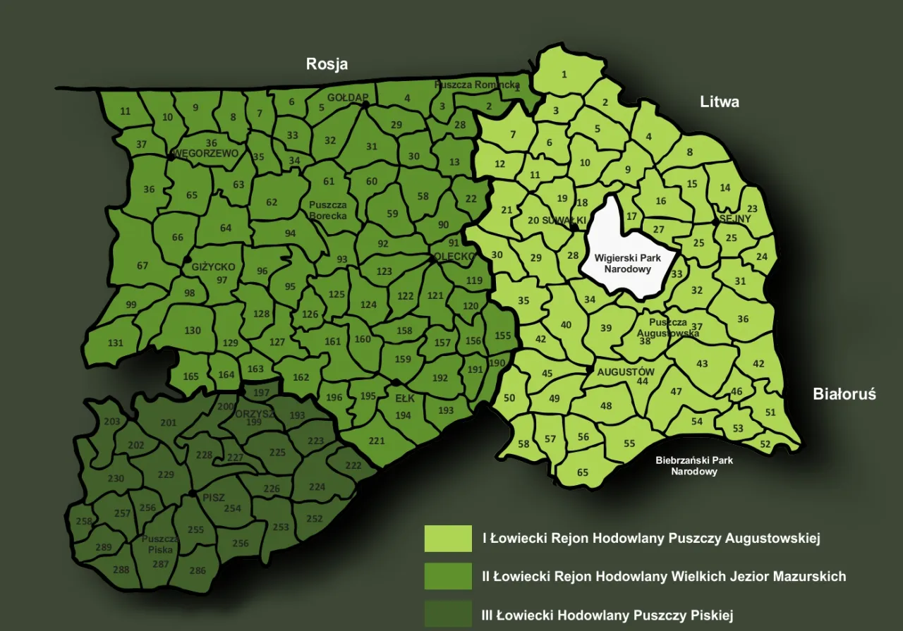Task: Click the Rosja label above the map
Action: pos(327,64)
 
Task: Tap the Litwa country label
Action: pos(720,102)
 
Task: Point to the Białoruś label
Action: pos(844,394)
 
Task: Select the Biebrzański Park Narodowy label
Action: pos(694,465)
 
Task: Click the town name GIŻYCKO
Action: pos(214,267)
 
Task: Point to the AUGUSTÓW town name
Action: pos(626,372)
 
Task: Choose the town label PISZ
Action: pos(214,498)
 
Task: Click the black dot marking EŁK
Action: pos(396,383)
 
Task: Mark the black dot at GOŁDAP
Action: pos(365,104)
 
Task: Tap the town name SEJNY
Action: pos(735,219)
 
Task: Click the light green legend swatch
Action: pos(448,539)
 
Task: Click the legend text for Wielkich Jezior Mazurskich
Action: pos(663,577)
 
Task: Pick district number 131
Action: pos(115,343)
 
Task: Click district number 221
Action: pos(377,441)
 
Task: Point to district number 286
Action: pos(198,570)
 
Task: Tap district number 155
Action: pos(503,336)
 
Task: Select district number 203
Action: pos(112,422)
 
